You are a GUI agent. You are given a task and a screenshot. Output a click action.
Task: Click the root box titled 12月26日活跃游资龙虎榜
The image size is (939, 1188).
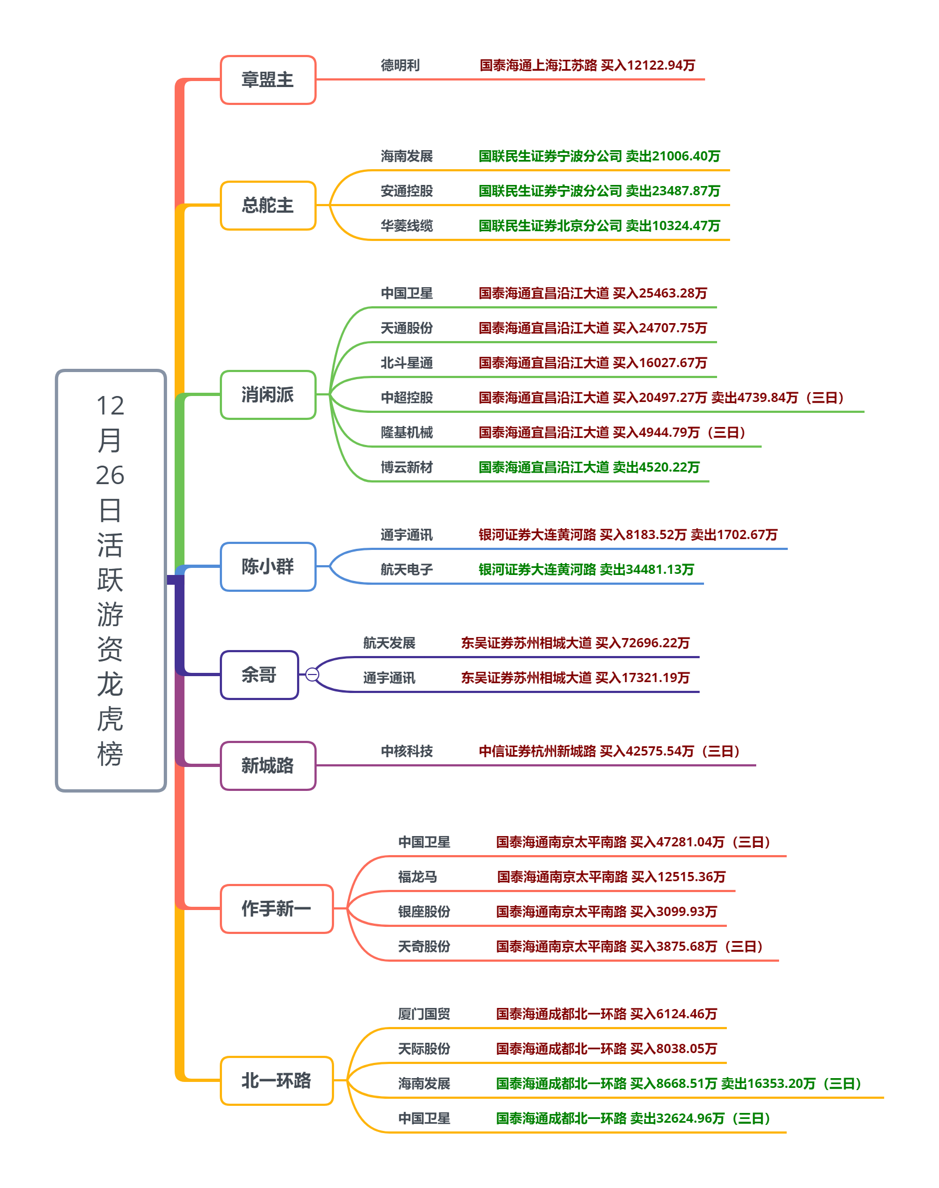tap(110, 580)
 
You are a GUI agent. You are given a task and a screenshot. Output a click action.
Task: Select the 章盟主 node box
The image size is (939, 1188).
tap(268, 80)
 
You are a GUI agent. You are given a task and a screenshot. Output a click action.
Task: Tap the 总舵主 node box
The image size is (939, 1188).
tap(268, 205)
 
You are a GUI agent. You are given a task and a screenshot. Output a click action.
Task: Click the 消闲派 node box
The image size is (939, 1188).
tap(268, 395)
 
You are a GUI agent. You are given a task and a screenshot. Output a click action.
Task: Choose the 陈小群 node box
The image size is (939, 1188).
tap(268, 566)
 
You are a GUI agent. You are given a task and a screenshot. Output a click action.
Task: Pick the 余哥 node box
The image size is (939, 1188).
tap(259, 675)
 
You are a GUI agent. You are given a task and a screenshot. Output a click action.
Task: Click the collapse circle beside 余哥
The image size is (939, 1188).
tap(312, 675)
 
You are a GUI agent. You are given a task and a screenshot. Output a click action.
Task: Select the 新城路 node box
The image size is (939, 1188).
tap(268, 765)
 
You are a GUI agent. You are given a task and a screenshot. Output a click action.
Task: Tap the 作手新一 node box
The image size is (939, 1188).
tap(276, 908)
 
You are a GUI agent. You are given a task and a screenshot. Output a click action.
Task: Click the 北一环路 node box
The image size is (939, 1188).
tap(276, 1080)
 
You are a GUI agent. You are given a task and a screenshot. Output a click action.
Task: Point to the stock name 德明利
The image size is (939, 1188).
tap(400, 65)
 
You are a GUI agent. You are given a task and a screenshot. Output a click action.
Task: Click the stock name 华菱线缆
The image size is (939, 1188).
tap(407, 225)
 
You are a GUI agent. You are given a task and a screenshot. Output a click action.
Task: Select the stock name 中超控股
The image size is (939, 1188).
tap(407, 398)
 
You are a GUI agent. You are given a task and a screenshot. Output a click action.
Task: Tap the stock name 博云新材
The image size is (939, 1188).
tap(407, 467)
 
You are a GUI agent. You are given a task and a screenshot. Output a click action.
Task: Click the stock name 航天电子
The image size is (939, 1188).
tap(407, 570)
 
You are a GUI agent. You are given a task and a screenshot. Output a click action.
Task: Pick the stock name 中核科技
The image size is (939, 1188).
tap(407, 751)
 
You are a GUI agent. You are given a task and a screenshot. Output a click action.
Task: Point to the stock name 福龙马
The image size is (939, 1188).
tap(418, 877)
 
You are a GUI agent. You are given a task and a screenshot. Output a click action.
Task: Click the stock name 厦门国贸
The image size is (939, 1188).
tap(424, 1014)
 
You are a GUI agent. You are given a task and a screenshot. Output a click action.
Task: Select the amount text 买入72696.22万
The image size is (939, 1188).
tap(642, 642)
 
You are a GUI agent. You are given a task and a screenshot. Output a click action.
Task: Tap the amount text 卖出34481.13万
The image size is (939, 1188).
tap(646, 570)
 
